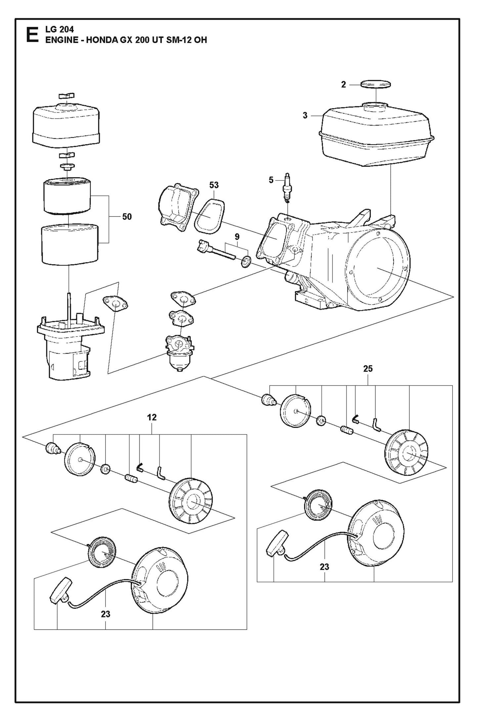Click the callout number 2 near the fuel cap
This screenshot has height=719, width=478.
coord(343,85)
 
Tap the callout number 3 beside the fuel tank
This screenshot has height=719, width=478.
coord(305,116)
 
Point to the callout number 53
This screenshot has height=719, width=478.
coord(214,185)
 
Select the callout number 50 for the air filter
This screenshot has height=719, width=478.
coord(127,217)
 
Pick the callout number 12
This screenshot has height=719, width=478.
coord(152,417)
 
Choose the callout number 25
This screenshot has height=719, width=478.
coord(368,368)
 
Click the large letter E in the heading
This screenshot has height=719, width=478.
coord(32,35)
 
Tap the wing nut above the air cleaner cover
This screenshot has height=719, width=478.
coord(66,96)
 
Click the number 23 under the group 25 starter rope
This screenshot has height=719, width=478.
coord(324,567)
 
